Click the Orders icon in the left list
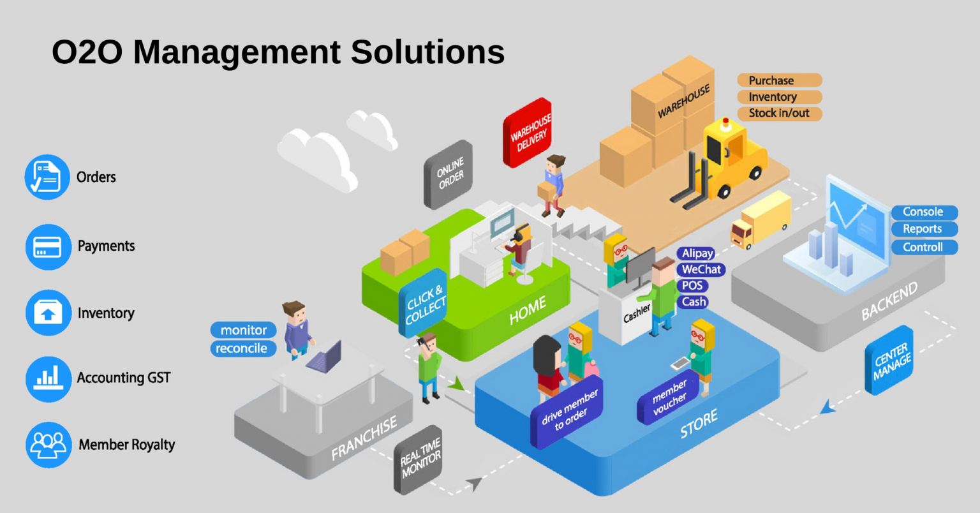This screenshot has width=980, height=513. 47,177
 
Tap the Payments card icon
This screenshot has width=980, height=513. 48,246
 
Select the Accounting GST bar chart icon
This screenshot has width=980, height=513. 48,378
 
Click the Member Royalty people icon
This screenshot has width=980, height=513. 48,445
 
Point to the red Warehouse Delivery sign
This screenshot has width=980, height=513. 528,133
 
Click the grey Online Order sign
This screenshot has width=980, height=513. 449,174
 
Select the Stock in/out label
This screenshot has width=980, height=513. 778,114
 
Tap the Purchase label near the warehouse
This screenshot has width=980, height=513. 778,80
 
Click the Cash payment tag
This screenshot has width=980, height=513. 694,302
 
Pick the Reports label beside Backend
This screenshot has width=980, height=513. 923,229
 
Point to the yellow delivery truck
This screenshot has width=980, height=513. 761,221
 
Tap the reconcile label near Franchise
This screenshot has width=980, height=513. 242,348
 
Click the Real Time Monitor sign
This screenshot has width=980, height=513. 419,459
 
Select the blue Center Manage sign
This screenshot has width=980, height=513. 889,361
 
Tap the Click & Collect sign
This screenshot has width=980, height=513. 424,305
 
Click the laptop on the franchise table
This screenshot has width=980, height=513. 324,357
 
